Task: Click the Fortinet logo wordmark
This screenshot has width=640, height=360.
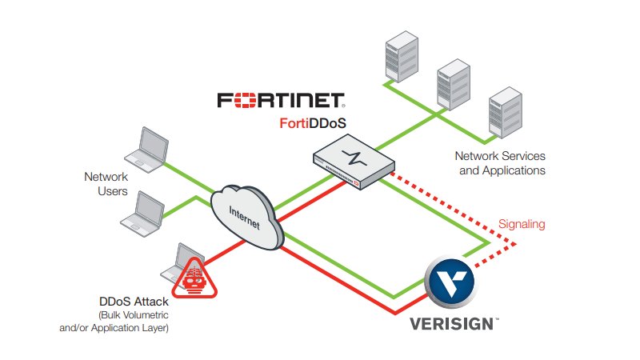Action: pyautogui.click(x=281, y=100)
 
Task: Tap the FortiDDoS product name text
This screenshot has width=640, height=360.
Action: pyautogui.click(x=313, y=123)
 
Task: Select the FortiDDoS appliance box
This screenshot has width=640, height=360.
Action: pyautogui.click(x=354, y=162)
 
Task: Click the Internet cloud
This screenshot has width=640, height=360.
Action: pyautogui.click(x=247, y=217)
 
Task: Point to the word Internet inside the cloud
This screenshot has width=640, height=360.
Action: pyautogui.click(x=245, y=218)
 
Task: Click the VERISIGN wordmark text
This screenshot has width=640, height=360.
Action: pyautogui.click(x=454, y=324)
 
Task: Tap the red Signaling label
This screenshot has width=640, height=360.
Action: pyautogui.click(x=522, y=224)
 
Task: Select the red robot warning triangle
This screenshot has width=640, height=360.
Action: pyautogui.click(x=194, y=278)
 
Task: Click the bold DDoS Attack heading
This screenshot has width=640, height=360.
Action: pyautogui.click(x=134, y=302)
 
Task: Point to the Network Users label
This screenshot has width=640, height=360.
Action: pyautogui.click(x=106, y=184)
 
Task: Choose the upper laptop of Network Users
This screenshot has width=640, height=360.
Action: pyautogui.click(x=147, y=150)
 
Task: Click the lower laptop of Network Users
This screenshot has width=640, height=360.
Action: pyautogui.click(x=142, y=214)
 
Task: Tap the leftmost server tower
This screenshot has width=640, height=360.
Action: pyautogui.click(x=402, y=56)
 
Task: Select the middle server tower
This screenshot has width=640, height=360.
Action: pyautogui.click(x=454, y=85)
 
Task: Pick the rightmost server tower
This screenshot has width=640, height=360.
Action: pyautogui.click(x=506, y=113)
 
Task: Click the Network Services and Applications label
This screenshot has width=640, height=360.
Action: pyautogui.click(x=501, y=163)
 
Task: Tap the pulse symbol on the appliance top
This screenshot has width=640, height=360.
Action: pyautogui.click(x=354, y=158)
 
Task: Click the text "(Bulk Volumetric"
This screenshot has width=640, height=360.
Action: pyautogui.click(x=134, y=315)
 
